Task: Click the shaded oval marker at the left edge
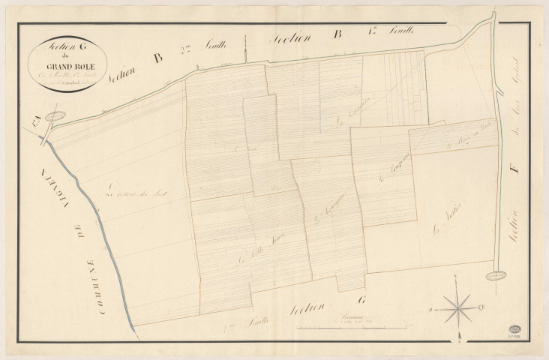(x=54, y=116)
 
